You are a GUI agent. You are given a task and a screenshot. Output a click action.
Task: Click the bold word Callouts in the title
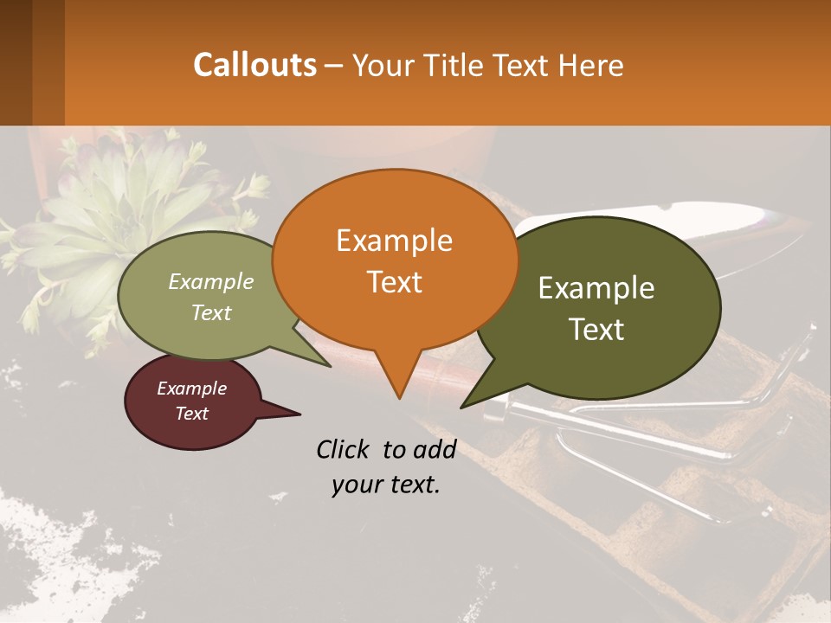point(254,65)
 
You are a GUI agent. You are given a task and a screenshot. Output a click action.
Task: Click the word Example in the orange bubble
point(394,241)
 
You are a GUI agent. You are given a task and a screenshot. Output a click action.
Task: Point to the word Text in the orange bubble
point(394,281)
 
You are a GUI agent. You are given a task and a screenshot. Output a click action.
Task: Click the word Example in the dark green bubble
point(596,288)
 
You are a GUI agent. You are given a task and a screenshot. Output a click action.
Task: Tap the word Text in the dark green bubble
point(597,330)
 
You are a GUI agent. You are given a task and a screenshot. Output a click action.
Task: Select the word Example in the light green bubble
point(211,281)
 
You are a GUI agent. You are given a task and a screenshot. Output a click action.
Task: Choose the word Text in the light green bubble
point(211,312)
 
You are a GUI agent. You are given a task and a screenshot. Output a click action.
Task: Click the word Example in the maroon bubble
point(191,389)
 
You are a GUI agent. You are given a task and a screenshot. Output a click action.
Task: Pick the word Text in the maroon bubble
point(191,414)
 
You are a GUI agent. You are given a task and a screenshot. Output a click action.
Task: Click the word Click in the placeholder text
point(345,449)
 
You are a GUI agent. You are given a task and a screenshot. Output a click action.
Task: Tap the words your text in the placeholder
point(386,485)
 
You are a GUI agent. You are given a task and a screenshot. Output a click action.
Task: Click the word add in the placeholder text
point(435,449)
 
